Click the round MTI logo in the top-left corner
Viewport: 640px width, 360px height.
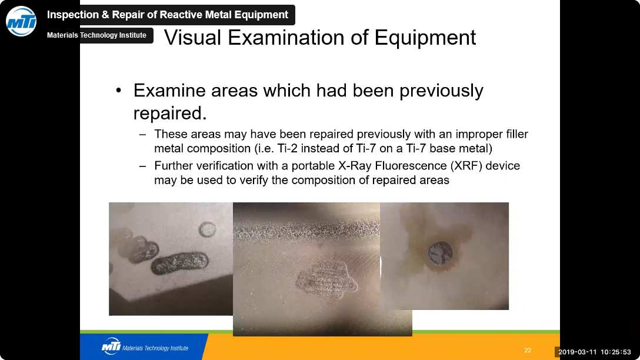21,21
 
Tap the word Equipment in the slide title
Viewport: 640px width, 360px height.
425,38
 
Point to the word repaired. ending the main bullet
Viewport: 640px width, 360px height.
170,114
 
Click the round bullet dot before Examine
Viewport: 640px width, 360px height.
118,91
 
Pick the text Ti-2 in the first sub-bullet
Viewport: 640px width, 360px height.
288,148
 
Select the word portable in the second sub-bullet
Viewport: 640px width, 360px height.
313,166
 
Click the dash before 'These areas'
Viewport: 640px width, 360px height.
142,134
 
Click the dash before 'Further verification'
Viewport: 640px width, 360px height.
142,166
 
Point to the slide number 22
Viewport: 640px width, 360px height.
527,350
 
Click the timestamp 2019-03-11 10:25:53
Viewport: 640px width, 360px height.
594,352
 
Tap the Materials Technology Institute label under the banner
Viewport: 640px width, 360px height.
96,35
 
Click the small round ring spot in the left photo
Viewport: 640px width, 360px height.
207,230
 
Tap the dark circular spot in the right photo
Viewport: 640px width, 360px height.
441,254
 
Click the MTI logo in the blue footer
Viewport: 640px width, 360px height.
111,346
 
